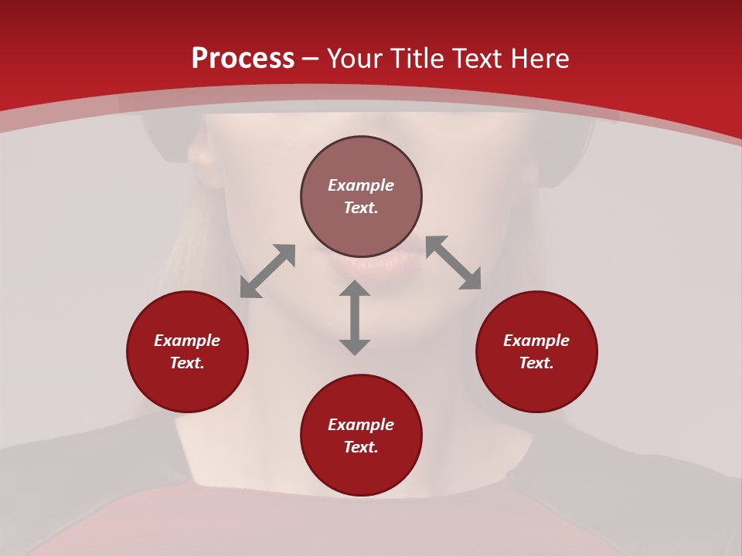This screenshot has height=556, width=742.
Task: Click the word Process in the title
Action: click(243, 59)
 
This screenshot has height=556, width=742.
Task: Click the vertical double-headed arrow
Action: click(355, 317)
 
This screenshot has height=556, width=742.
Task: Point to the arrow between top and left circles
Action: click(267, 271)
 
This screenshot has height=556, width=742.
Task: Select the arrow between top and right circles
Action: click(454, 263)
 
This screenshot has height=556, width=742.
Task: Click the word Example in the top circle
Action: click(361, 185)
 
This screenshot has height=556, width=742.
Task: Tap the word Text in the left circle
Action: click(187, 363)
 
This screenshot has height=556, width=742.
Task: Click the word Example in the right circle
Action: click(536, 341)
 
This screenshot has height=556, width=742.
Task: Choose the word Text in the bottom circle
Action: click(361, 447)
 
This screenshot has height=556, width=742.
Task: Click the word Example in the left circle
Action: click(187, 341)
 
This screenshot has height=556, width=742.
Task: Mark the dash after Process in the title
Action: click(311, 59)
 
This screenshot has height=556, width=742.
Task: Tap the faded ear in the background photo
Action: click(203, 162)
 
